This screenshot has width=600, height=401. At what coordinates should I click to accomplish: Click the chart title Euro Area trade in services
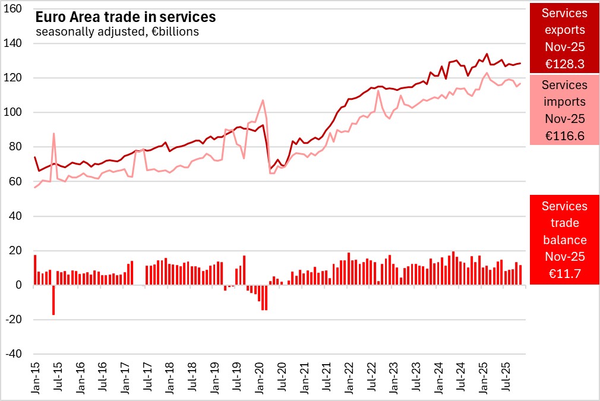(x=125, y=18)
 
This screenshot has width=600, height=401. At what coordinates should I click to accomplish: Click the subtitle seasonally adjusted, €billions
(x=117, y=32)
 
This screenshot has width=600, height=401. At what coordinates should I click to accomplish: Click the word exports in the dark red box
(x=564, y=30)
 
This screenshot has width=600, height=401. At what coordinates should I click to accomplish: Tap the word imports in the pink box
(x=564, y=102)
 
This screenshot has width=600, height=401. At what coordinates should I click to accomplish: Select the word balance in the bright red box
(x=564, y=239)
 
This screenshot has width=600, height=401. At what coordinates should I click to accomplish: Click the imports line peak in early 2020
(x=263, y=100)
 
